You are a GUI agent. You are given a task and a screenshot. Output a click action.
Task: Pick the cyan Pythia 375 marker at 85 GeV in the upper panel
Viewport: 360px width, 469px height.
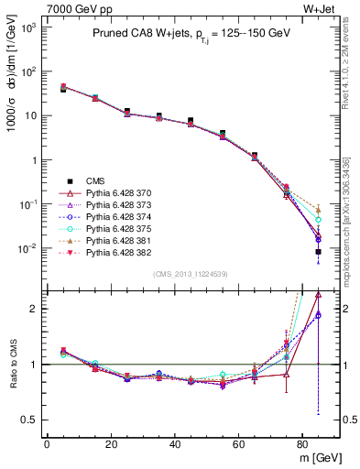[318, 220]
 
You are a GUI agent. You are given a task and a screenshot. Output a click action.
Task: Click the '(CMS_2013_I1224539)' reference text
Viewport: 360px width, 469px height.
[191, 273]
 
